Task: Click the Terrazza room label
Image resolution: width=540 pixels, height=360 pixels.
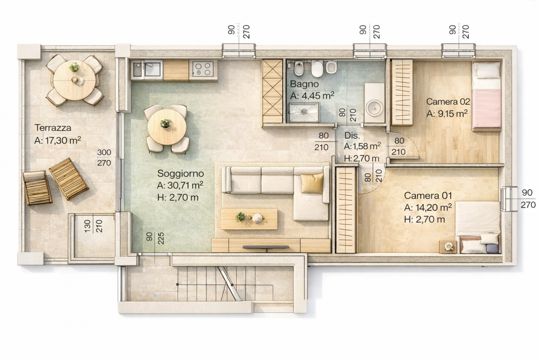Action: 53,128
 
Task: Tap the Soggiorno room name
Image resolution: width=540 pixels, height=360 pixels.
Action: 180,173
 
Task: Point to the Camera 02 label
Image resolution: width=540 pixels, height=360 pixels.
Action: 448,102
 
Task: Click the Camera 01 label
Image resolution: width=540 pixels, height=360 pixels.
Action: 428,195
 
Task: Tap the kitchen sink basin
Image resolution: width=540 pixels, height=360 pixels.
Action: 152,69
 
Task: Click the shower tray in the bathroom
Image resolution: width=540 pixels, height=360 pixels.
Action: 304,112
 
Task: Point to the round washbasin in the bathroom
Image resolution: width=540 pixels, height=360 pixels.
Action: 374,108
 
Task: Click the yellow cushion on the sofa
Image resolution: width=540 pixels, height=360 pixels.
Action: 312,183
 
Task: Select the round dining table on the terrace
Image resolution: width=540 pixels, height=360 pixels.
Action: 74,80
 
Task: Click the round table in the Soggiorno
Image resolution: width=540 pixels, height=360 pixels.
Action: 167,127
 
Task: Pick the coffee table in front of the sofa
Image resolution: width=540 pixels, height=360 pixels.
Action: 249,219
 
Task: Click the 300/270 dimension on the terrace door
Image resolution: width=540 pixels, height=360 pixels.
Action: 104,158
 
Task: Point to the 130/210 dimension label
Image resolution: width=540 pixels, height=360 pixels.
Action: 93,226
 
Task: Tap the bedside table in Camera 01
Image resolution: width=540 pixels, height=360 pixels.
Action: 448,246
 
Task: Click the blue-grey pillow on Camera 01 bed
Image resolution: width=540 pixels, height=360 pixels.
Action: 492,249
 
